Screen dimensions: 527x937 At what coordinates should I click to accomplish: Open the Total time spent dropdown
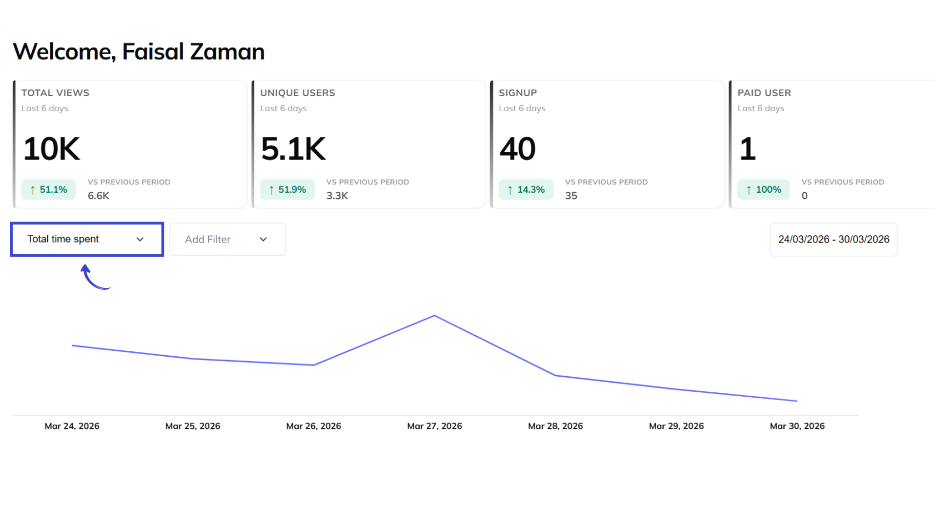tap(87, 239)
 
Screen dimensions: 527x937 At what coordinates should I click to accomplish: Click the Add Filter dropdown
tap(227, 240)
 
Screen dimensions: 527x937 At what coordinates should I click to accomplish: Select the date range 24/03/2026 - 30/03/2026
tap(833, 240)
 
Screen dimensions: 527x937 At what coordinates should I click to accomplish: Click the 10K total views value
tap(51, 149)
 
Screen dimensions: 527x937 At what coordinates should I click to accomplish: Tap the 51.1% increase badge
tap(48, 190)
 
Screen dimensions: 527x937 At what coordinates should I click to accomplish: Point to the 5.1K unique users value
tap(293, 149)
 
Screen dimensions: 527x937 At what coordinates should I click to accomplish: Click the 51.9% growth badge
tap(287, 190)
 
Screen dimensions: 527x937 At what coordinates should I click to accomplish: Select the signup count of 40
tap(517, 149)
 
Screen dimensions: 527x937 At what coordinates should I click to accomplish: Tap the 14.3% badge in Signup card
tap(526, 190)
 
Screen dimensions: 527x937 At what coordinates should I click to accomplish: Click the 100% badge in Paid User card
tap(763, 190)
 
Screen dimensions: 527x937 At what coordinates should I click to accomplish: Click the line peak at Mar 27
tap(434, 316)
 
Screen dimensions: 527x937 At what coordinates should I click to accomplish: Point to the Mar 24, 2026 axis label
tap(72, 426)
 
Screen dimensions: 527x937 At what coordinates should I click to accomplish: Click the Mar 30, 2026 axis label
tap(797, 426)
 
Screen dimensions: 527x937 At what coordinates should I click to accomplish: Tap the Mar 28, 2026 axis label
tap(555, 426)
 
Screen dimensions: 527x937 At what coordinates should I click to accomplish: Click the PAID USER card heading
tap(764, 93)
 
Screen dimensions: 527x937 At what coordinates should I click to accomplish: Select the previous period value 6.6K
tap(98, 196)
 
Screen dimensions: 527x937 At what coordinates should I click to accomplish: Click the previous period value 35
tap(571, 196)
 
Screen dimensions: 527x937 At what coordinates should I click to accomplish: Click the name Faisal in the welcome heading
tap(153, 52)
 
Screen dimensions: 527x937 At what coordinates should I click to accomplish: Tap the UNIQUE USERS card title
tap(297, 93)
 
